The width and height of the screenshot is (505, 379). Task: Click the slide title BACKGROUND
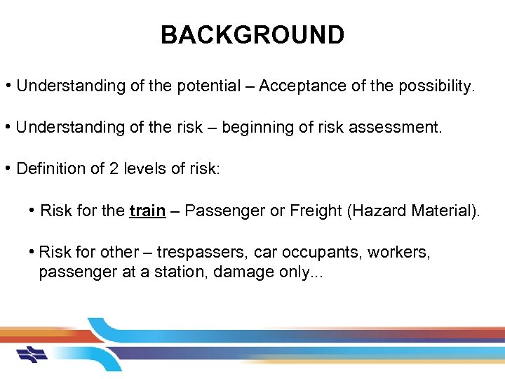coord(252,34)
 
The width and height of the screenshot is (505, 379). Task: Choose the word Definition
coord(47,169)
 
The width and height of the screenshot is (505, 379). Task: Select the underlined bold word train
coord(147,211)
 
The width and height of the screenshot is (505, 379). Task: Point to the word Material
coord(442,211)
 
